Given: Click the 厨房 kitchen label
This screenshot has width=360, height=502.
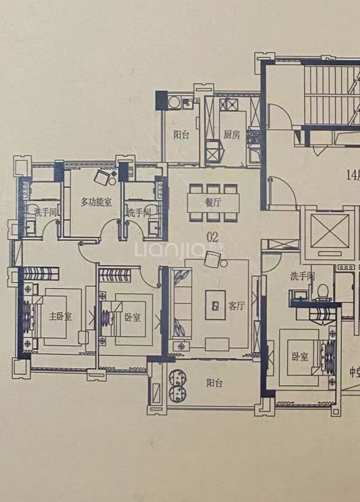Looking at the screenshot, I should click(x=232, y=135).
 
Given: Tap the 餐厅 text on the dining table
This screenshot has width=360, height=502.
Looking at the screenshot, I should click(x=213, y=203).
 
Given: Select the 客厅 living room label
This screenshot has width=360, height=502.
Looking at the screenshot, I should click(x=237, y=306).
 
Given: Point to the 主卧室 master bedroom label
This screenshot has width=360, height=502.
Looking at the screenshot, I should click(x=60, y=316).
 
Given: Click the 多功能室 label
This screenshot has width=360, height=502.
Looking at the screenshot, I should click(x=95, y=202).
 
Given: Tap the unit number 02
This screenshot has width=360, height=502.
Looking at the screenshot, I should click(x=212, y=237).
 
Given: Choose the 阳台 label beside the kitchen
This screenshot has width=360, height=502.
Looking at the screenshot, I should click(x=181, y=135).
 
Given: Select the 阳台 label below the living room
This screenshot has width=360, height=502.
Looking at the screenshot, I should click(x=214, y=383).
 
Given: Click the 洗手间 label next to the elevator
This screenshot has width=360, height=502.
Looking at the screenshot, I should click(x=303, y=276).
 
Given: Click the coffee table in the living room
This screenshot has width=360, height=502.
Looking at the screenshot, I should click(x=215, y=305).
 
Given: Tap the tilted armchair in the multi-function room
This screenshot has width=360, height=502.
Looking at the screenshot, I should click(x=102, y=177).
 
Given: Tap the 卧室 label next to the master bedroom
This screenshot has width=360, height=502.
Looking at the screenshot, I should click(x=132, y=317).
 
